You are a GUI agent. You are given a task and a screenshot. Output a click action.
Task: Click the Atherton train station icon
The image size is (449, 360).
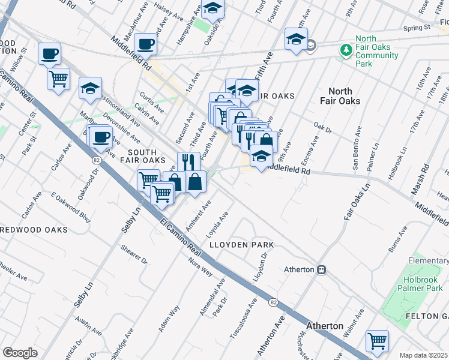322,270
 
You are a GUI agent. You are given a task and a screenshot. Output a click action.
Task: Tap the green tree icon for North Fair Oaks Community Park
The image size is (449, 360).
346,49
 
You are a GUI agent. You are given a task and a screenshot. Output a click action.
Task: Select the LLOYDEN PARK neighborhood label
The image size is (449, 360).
241,245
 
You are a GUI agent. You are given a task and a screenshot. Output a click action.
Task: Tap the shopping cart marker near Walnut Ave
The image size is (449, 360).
378,341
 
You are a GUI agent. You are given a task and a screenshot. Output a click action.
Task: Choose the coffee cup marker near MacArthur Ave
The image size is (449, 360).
146,43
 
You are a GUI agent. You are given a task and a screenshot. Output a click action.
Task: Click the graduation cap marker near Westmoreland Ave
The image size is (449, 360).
90,88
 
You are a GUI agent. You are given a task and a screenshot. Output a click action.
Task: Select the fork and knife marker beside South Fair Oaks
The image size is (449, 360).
188,161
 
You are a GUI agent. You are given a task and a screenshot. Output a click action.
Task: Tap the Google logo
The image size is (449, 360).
20,353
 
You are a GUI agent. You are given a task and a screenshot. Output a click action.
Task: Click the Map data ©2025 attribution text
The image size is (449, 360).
423,355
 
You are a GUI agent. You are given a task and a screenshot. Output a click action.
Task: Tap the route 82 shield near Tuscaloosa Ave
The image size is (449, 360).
273,301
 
